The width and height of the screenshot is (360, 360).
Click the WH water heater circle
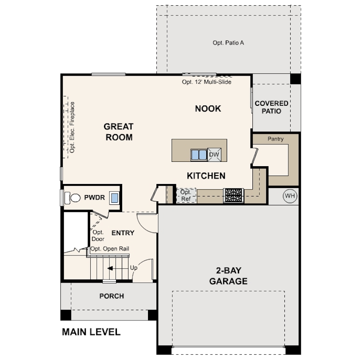[x=290, y=196]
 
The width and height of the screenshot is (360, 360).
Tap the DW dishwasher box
[x=214, y=155]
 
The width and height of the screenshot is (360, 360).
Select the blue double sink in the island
[x=199, y=155]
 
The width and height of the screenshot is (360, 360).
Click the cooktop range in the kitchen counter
[x=233, y=196]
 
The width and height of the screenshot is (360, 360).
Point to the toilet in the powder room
[x=72, y=198]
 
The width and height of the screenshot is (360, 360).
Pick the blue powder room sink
[x=114, y=198]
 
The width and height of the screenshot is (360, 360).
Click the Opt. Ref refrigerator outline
[x=186, y=196]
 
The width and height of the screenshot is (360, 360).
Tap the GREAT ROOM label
[x=119, y=132]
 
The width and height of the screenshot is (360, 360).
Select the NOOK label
[x=208, y=108]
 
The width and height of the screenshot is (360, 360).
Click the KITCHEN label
[x=206, y=176]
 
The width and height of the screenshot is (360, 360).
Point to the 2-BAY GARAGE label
[x=228, y=276]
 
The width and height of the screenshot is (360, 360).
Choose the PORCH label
[x=112, y=296]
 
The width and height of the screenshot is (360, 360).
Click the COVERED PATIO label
[x=272, y=107]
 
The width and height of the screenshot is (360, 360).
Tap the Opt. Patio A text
[x=228, y=43]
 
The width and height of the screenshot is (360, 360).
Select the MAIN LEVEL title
[x=91, y=332]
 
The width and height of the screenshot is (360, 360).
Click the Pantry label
[x=276, y=139]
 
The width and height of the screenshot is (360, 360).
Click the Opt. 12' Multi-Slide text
[x=207, y=82]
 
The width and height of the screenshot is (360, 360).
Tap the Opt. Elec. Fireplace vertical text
[x=72, y=127]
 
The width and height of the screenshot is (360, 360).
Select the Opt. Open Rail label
[x=110, y=249]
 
